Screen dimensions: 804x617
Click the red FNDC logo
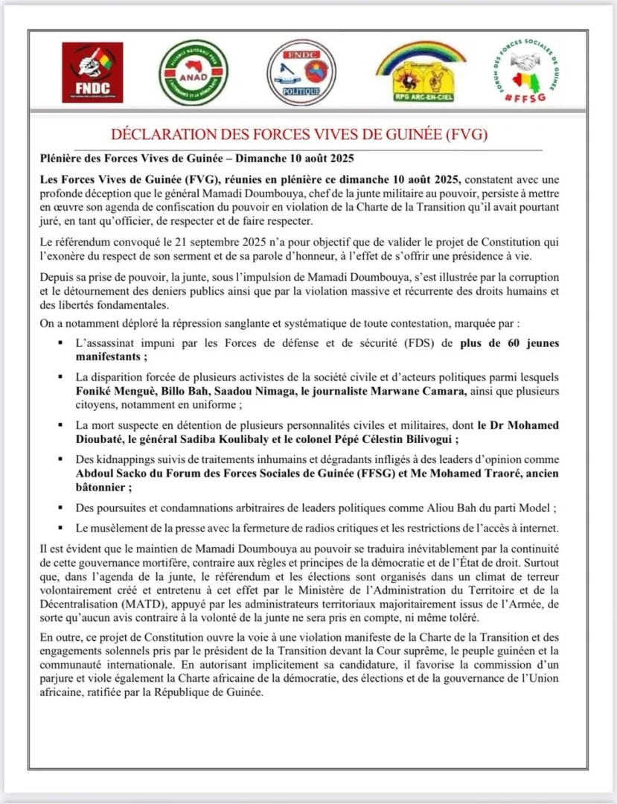point(92,72)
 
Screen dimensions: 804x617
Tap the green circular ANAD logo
point(194,72)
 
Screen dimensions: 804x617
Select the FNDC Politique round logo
point(301,72)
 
